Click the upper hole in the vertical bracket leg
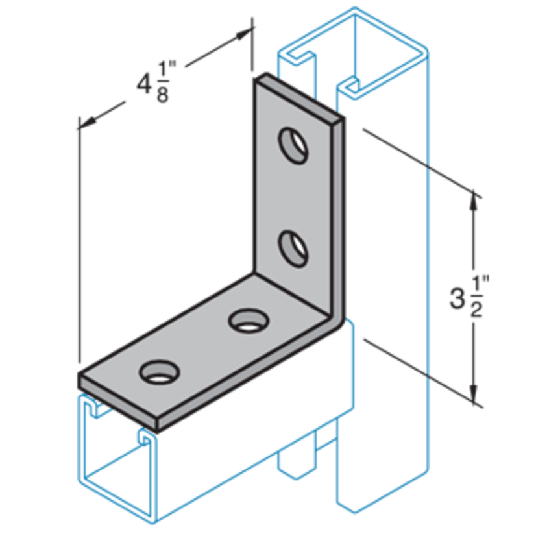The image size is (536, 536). tap(293, 145)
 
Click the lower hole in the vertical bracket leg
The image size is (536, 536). tap(293, 248)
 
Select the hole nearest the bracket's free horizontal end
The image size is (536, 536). tap(157, 372)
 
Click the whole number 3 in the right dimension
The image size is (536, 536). tap(457, 299)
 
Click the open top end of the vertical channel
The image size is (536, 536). tap(354, 39)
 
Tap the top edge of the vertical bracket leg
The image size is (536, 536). tap(298, 96)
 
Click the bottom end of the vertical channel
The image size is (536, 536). tap(383, 500)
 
